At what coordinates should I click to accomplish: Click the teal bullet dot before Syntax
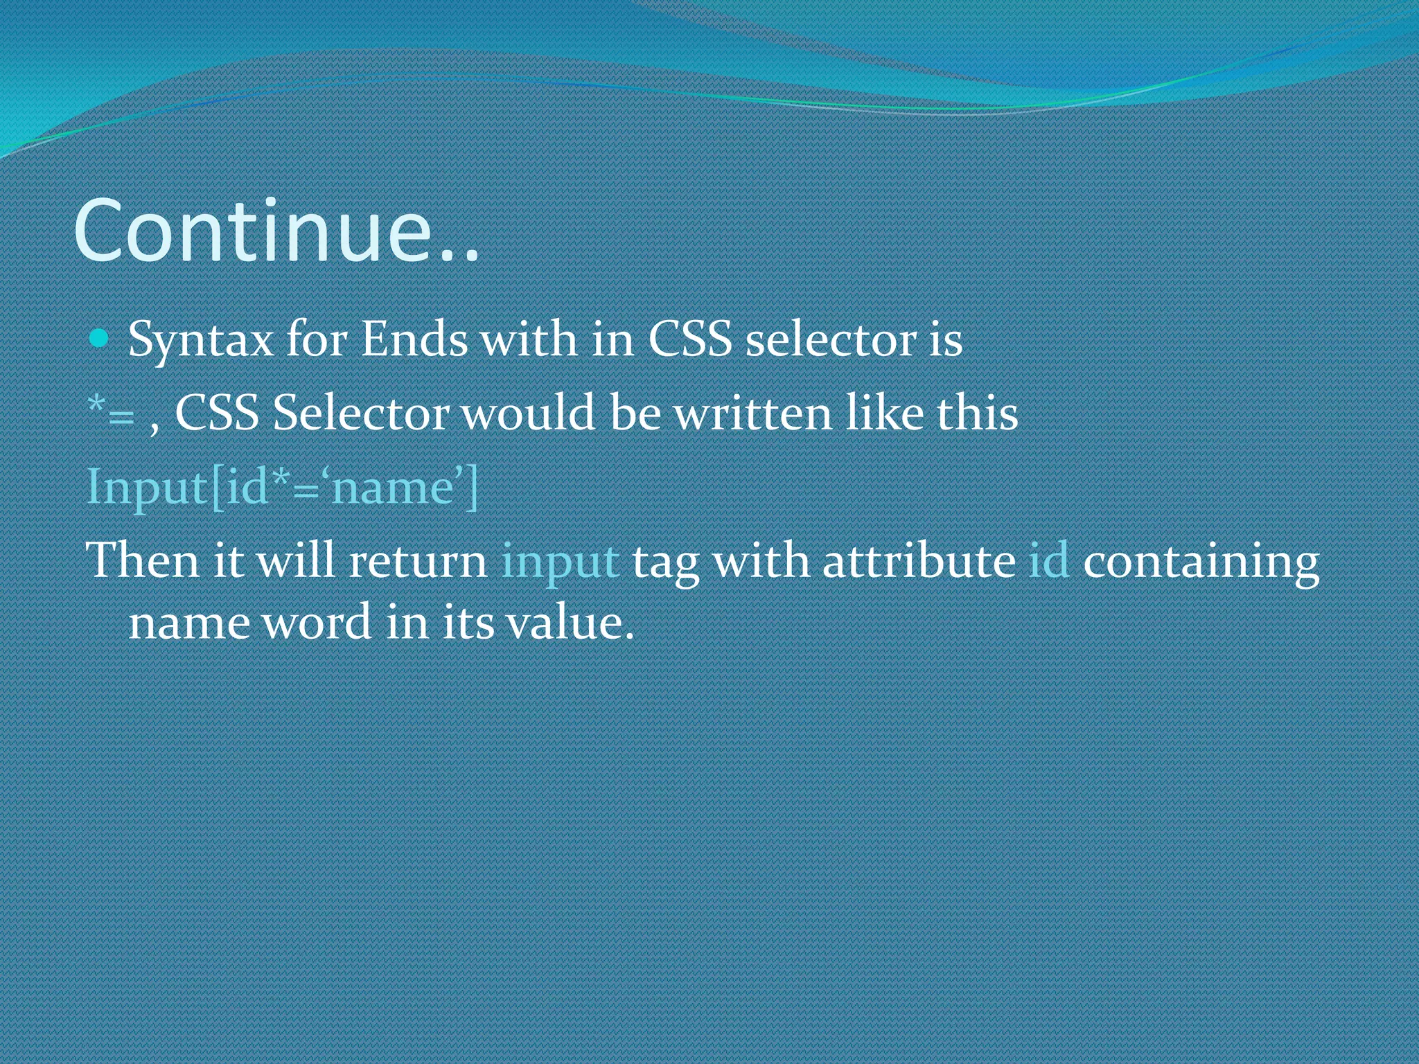100,339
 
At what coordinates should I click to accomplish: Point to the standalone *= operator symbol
111,412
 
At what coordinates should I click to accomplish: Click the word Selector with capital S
360,414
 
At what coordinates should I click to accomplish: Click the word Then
142,560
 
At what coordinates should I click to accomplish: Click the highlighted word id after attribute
1048,560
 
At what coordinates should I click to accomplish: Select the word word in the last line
318,622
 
